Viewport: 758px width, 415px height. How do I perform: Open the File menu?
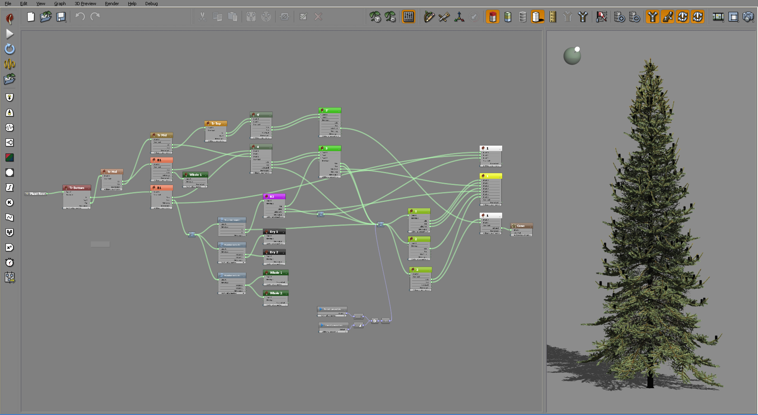8,4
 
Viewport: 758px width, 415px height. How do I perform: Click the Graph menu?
60,4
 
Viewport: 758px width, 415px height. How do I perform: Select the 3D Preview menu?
85,4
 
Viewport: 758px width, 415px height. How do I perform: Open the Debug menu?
151,4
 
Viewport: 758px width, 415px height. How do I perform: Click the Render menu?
112,4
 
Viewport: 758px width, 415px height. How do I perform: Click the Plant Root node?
36,194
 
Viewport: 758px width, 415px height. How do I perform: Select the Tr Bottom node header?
77,188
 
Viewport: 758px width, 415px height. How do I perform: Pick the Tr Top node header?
216,123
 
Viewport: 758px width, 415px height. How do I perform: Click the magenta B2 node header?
274,196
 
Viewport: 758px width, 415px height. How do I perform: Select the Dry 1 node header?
274,232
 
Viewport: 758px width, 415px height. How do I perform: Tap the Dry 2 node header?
274,252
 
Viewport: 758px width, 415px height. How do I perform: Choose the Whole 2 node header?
276,293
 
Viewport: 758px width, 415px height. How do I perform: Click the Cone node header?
521,226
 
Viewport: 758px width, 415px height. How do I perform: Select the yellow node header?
491,176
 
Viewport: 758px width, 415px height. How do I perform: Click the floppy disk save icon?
61,17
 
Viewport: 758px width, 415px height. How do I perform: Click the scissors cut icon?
202,17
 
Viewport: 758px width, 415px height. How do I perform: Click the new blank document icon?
31,17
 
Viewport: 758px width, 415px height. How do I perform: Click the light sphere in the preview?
572,56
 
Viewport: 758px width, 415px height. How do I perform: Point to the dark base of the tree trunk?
650,382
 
